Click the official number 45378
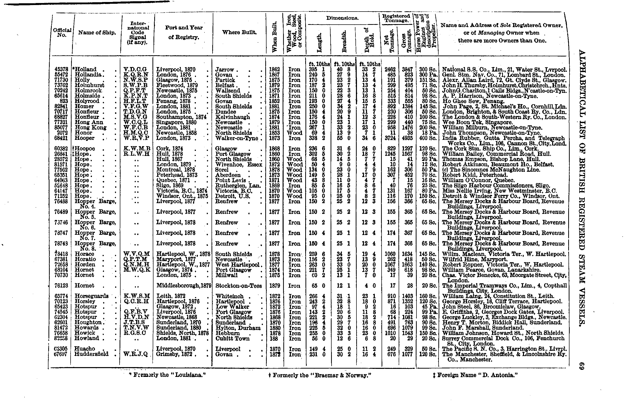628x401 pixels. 61,69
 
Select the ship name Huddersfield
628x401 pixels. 91,354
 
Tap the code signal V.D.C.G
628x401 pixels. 135,69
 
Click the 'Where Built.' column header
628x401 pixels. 239,32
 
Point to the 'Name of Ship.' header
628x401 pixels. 97,33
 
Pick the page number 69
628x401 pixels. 581,366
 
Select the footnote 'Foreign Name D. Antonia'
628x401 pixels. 475,375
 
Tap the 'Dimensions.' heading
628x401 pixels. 342,18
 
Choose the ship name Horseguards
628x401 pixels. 91,296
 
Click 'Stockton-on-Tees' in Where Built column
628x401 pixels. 238,286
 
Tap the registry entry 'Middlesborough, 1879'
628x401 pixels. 184,285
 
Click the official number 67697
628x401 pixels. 61,354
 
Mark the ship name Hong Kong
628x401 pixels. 90,128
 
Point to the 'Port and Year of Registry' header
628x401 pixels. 184,32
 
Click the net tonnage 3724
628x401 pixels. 390,138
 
